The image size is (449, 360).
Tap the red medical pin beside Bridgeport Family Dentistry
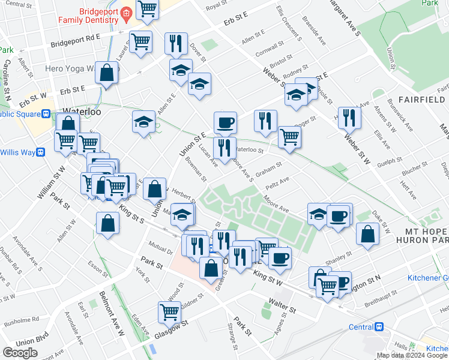tap(126, 13)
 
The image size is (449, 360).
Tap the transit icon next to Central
tap(379, 327)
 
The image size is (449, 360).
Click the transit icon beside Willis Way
tap(41, 152)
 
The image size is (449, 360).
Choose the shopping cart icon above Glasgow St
tap(170, 312)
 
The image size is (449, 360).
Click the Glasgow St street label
tap(170, 330)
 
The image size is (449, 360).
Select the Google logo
tap(20, 353)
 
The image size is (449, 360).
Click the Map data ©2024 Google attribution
tap(412, 355)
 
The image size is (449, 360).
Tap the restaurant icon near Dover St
tap(176, 42)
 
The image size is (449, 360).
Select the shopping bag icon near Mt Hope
tap(367, 234)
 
